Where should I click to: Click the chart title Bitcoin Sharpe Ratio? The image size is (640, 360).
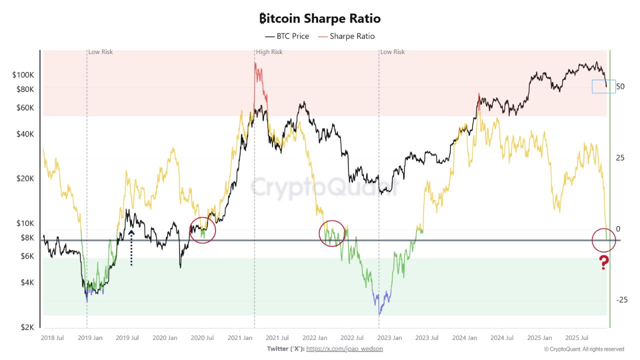tap(320, 18)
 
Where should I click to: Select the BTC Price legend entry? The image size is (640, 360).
tap(287, 36)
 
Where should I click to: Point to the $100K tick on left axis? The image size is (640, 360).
tap(23, 75)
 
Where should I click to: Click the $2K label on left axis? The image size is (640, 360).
tap(27, 327)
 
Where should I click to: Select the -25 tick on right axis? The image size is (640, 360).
tap(621, 299)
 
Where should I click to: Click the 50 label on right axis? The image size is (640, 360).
tap(620, 86)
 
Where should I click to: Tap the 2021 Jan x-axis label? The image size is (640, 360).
tap(239, 338)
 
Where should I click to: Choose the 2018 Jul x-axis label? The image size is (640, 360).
tap(52, 338)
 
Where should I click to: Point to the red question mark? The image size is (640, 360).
tap(604, 262)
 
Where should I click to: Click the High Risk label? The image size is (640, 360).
tap(269, 52)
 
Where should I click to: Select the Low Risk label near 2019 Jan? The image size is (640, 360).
tap(100, 52)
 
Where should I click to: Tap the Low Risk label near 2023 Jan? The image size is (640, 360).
tap(392, 52)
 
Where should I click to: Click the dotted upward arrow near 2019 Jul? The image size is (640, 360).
tap(131, 247)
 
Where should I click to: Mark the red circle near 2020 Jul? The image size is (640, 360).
tap(202, 230)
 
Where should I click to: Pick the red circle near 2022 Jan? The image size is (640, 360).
tap(332, 233)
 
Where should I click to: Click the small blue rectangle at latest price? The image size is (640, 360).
tap(603, 86)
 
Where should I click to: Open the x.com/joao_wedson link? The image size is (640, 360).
tap(344, 349)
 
